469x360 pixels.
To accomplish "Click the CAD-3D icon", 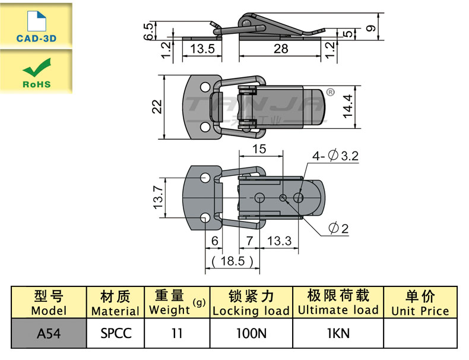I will (x=36, y=24).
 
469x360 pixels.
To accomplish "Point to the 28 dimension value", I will (x=281, y=49).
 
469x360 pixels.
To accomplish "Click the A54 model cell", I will (x=48, y=333).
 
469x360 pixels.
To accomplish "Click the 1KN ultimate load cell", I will (x=338, y=333).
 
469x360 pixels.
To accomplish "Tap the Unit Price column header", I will (x=420, y=303).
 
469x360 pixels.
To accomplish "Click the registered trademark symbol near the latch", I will (x=331, y=92).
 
